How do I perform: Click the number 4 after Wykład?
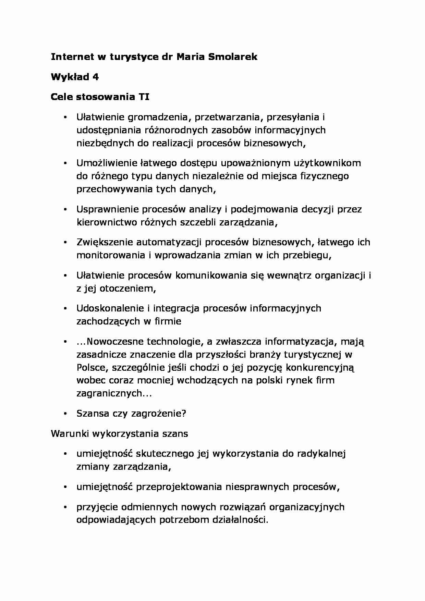tap(96, 77)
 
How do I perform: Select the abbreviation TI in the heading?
tap(144, 97)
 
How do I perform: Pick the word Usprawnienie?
tap(107, 209)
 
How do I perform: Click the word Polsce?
tap(89, 368)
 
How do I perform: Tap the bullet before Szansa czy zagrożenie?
tap(64, 414)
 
